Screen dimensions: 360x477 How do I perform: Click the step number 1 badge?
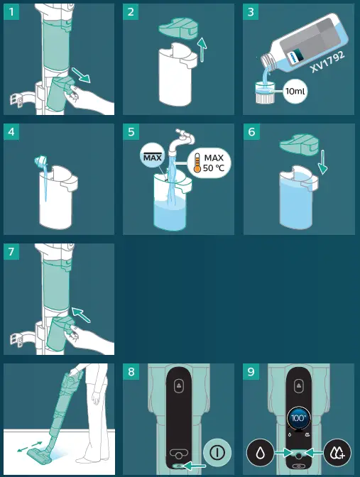[11, 12]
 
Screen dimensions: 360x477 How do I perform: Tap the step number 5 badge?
[131, 132]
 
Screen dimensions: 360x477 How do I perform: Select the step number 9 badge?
[251, 371]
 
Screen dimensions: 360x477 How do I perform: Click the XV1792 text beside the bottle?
[328, 62]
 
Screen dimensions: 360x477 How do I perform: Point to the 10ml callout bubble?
[295, 91]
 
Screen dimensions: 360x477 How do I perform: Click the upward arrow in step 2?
[202, 50]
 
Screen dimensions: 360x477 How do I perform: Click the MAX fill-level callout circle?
[153, 157]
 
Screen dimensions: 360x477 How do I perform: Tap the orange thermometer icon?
[197, 163]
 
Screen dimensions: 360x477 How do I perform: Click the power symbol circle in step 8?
[217, 452]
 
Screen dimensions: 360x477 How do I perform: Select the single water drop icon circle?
[260, 453]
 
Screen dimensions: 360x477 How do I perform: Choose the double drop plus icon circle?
[337, 453]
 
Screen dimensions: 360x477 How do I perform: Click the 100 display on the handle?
[298, 418]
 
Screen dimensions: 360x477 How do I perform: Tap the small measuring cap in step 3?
[263, 93]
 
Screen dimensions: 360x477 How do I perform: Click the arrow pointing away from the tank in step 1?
[81, 75]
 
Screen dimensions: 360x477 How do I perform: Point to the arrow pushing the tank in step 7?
[81, 315]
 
